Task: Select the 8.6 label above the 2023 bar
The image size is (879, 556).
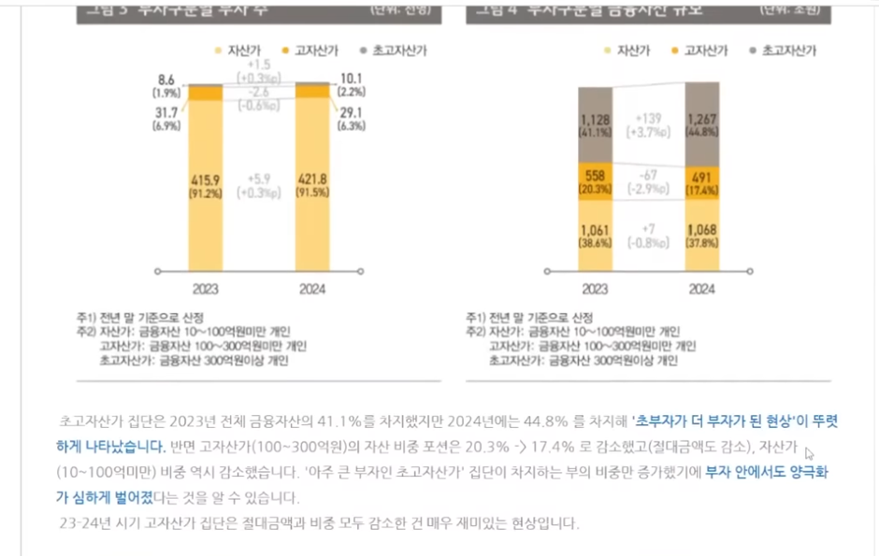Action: pyautogui.click(x=166, y=80)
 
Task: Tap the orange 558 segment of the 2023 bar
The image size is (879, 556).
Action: pyautogui.click(x=595, y=181)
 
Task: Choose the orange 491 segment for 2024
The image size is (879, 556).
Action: pyautogui.click(x=702, y=181)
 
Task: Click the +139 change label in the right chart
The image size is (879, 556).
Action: pyautogui.click(x=648, y=120)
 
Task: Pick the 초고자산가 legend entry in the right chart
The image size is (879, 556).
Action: pyautogui.click(x=784, y=50)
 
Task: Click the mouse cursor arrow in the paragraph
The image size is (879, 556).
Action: pyautogui.click(x=810, y=453)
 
